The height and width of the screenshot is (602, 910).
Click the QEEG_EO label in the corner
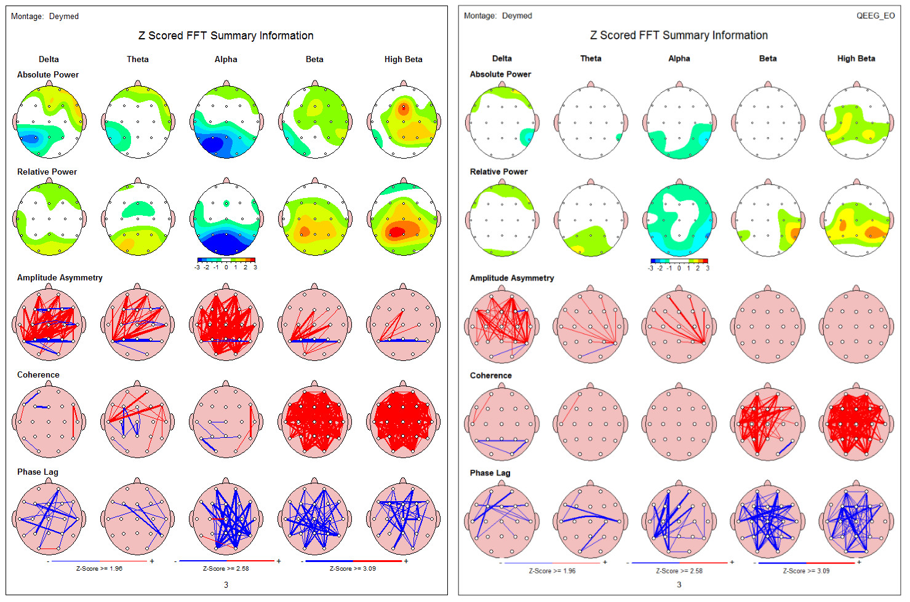pos(875,15)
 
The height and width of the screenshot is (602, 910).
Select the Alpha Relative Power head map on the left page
pos(226,220)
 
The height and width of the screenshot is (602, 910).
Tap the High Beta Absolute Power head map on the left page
pos(404,122)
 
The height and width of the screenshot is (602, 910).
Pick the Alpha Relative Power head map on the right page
pos(679,220)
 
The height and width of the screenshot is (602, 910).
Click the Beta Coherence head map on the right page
pos(767,424)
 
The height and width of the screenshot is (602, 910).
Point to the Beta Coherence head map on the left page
pos(314,422)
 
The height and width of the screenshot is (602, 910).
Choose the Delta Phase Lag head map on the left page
pos(49,520)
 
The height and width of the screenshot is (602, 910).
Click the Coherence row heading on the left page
pos(38,374)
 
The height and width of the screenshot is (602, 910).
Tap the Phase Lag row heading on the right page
pos(490,473)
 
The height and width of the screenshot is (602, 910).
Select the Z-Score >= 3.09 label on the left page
pos(353,568)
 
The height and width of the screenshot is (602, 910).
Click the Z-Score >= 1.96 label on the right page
pos(552,571)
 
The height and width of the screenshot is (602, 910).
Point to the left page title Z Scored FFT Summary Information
pos(226,36)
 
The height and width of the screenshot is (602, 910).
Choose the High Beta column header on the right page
pos(856,58)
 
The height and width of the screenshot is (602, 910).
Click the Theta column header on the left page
pos(137,59)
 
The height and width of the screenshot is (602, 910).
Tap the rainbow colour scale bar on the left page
pos(226,260)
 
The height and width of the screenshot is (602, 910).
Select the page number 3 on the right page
pos(679,585)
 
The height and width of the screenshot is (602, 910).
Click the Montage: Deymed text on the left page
pos(45,16)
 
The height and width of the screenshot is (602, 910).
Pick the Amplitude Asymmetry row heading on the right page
pos(511,278)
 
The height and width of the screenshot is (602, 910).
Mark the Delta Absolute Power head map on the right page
pos(502,122)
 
